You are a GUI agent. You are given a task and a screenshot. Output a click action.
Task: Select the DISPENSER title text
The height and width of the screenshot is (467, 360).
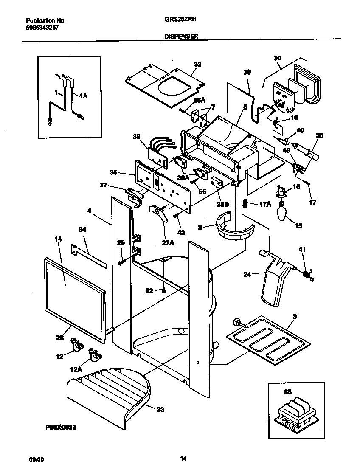(181, 37)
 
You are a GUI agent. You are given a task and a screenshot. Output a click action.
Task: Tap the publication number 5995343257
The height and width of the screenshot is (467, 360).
(42, 27)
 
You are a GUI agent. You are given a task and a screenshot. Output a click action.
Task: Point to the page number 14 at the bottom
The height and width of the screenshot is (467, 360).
(183, 458)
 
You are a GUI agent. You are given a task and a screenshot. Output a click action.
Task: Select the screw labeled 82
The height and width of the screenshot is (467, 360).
(163, 290)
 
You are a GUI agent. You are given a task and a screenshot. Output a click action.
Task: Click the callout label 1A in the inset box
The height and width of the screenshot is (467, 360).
(83, 97)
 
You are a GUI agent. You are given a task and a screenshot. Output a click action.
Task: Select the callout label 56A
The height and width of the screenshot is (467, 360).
(199, 100)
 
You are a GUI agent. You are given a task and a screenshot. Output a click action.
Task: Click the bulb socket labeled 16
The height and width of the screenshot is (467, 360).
(281, 192)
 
